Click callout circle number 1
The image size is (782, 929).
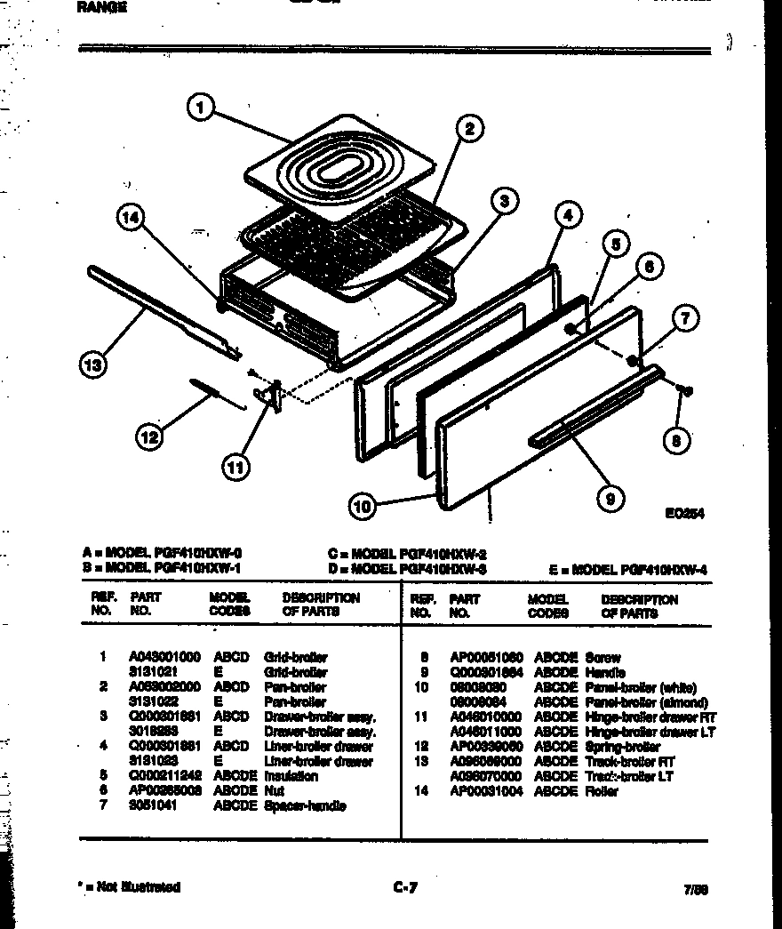click(x=200, y=108)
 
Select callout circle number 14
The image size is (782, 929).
click(x=131, y=219)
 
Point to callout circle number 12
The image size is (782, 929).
click(x=150, y=436)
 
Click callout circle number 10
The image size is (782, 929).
click(x=361, y=507)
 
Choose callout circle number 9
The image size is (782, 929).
click(x=610, y=499)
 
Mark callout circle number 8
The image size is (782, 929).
click(x=679, y=439)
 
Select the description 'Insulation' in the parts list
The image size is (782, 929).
click(x=291, y=776)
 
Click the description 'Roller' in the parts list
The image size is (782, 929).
click(x=602, y=791)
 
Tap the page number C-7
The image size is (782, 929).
click(x=403, y=886)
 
